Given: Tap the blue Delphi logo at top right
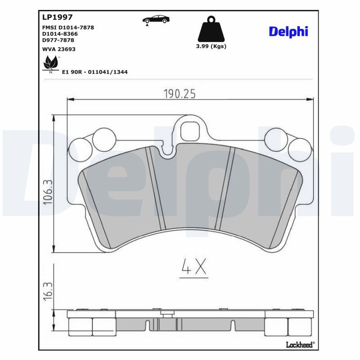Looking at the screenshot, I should click(x=288, y=31).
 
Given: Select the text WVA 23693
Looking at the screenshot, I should click(x=58, y=49).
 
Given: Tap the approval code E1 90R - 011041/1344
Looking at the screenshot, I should click(x=94, y=72).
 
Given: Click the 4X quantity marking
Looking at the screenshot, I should click(x=193, y=267).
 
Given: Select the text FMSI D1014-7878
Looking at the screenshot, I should click(x=68, y=27).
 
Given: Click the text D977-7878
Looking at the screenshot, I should click(x=58, y=40).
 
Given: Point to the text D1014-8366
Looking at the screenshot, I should click(x=60, y=34).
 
